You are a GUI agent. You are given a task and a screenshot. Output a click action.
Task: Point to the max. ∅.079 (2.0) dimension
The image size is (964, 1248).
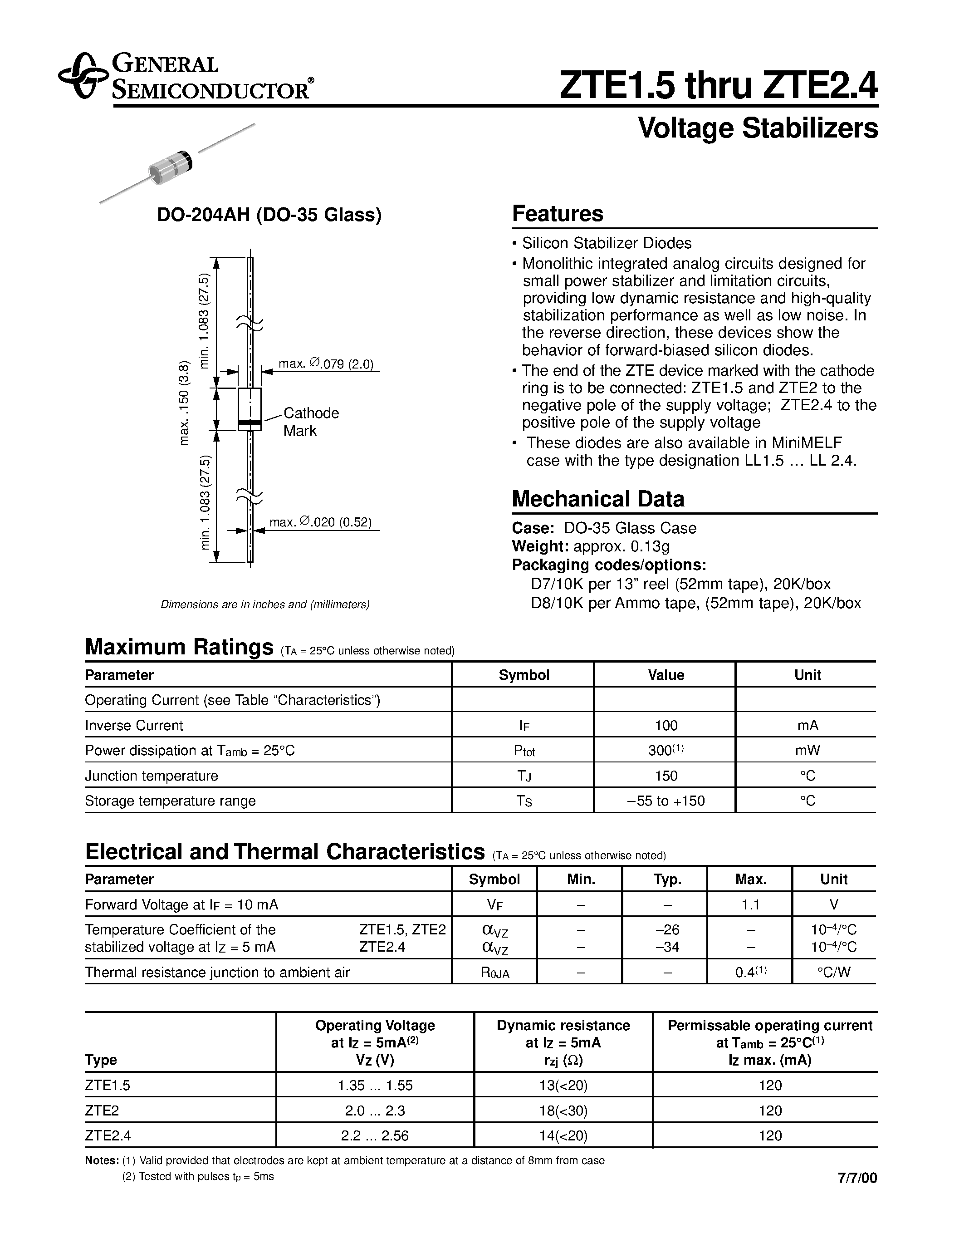tap(326, 364)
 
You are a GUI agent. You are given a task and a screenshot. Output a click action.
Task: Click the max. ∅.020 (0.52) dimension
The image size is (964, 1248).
tap(320, 522)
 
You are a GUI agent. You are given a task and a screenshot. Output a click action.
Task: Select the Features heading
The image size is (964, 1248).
tap(558, 214)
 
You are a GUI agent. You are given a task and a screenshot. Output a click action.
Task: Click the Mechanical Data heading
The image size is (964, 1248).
tap(597, 499)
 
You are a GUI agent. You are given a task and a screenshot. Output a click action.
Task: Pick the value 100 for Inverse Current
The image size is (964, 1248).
tap(666, 725)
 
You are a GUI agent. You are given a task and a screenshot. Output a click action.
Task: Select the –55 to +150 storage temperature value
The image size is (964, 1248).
tap(666, 801)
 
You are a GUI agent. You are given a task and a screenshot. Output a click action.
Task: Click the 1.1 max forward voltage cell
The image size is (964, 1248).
tap(750, 904)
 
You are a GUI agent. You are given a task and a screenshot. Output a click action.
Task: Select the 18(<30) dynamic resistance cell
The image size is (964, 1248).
tap(563, 1110)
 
